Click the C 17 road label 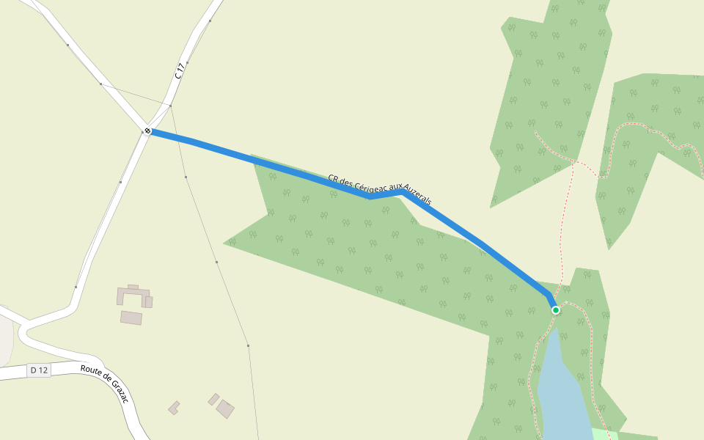pyautogui.click(x=180, y=70)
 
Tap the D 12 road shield pyautogui.click(x=39, y=370)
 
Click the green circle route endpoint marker pyautogui.click(x=556, y=310)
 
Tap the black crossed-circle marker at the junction pyautogui.click(x=147, y=131)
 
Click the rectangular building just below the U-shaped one pyautogui.click(x=131, y=318)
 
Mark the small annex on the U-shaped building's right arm pyautogui.click(x=149, y=302)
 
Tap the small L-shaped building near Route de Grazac pyautogui.click(x=174, y=408)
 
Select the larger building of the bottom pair pyautogui.click(x=225, y=408)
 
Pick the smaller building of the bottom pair pyautogui.click(x=213, y=399)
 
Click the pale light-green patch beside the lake pyautogui.click(x=601, y=434)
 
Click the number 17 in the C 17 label pyautogui.click(x=182, y=67)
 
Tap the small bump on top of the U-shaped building pyautogui.click(x=133, y=287)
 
